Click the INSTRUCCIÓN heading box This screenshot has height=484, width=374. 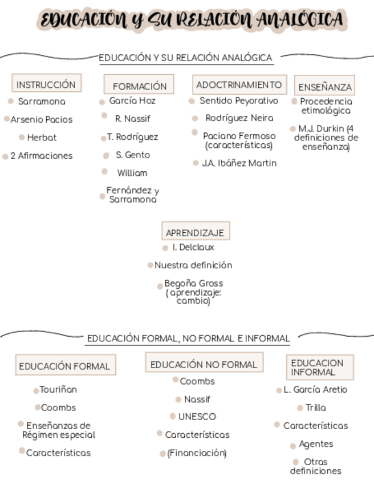46,83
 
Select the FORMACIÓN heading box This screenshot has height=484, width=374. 139,85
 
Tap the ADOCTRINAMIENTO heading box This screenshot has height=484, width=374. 239,84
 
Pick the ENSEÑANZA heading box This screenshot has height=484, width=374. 325,86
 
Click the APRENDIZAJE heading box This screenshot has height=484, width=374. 196,232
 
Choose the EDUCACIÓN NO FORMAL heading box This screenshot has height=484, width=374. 204,364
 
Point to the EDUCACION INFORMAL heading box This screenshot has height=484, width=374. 320,367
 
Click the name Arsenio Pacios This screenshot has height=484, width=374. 42,119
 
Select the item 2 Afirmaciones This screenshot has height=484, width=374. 42,156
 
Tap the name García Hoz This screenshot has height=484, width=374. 132,100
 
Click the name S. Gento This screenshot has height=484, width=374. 133,155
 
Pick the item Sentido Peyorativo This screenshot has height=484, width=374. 238,100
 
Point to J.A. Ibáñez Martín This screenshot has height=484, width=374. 239,163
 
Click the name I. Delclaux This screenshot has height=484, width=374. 193,247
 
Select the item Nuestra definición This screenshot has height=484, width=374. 193,265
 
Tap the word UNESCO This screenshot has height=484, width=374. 197,417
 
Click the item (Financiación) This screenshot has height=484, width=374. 197,453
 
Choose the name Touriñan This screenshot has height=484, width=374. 59,390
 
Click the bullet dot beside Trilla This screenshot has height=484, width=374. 300,408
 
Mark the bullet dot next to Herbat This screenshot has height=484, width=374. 22,137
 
